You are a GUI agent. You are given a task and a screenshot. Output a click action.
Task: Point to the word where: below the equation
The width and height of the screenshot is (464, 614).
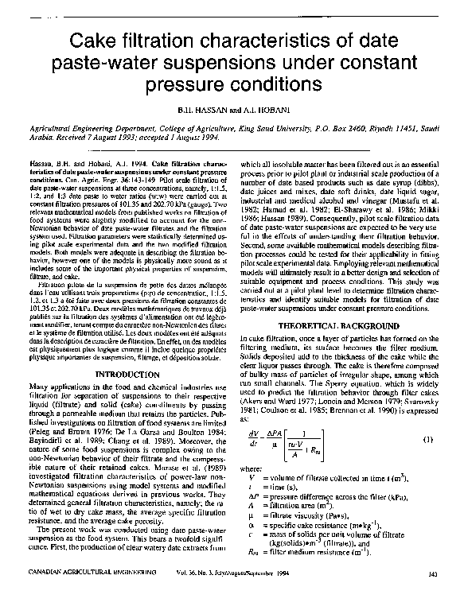coord(250,470)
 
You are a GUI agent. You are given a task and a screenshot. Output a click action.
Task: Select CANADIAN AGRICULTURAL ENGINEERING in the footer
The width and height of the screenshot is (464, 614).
coord(72,594)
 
